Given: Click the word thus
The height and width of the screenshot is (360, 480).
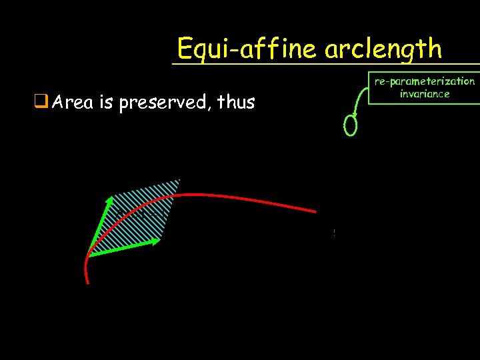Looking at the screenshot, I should pyautogui.click(x=233, y=103).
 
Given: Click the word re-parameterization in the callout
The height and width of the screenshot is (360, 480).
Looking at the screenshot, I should pyautogui.click(x=425, y=81).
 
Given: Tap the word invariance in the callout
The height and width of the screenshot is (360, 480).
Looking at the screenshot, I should pyautogui.click(x=425, y=94).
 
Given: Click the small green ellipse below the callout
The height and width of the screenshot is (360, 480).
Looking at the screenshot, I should pyautogui.click(x=351, y=125).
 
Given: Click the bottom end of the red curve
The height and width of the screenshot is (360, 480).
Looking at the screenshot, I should pyautogui.click(x=87, y=283).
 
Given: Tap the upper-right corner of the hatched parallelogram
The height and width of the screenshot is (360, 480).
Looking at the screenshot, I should pyautogui.click(x=179, y=180).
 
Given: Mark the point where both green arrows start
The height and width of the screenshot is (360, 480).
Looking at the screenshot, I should pyautogui.click(x=88, y=256).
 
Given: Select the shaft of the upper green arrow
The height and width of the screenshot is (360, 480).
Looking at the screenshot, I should pyautogui.click(x=97, y=227).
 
